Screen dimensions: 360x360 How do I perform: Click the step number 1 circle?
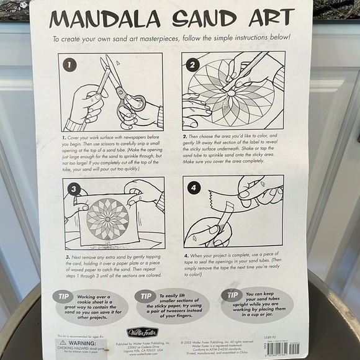coord(70,65)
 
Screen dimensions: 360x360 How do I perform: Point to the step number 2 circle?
coord(192,63)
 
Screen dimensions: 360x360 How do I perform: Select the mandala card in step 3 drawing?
coord(108,219)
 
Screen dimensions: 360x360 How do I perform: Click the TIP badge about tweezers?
coord(145,295)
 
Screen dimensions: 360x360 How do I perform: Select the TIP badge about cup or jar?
coord(232,294)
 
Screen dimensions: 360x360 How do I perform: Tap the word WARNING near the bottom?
coord(83,342)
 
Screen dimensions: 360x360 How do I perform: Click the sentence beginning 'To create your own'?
coord(171,38)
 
